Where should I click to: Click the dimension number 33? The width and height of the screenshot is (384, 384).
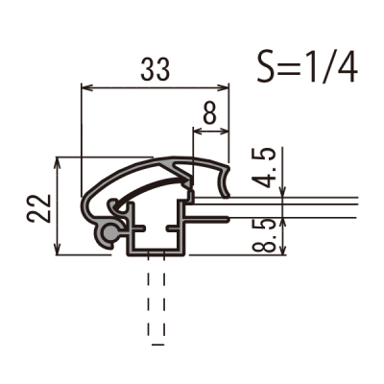(x=155, y=69)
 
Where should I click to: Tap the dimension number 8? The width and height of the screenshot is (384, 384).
(x=210, y=113)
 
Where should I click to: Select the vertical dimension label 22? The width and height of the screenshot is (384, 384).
(x=38, y=208)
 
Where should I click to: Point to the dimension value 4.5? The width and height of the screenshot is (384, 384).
(x=264, y=168)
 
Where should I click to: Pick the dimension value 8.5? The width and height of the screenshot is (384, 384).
(x=264, y=234)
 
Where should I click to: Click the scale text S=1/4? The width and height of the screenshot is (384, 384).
(x=307, y=67)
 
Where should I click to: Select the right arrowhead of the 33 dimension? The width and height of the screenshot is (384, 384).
(x=224, y=87)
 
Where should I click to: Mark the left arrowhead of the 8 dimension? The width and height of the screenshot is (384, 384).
(x=199, y=131)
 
